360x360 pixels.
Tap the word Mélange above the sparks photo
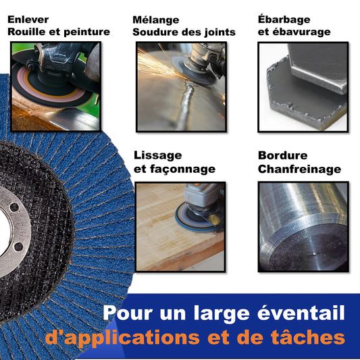(155, 20)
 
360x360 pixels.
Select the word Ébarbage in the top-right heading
(284, 20)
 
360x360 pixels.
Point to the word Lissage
(158, 156)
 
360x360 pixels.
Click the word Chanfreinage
(299, 170)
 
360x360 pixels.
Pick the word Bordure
(282, 155)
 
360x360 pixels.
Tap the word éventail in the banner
(301, 313)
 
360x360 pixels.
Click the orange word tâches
(307, 337)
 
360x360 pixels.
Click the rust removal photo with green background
(55, 86)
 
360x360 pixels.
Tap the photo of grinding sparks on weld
(181, 86)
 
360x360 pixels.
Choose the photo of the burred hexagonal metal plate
(303, 87)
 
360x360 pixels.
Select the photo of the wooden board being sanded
(180, 227)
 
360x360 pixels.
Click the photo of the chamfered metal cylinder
(303, 227)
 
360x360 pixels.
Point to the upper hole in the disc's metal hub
(14, 207)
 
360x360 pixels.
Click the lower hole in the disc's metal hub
(18, 247)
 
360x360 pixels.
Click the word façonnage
(183, 170)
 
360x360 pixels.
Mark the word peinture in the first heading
(86, 32)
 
